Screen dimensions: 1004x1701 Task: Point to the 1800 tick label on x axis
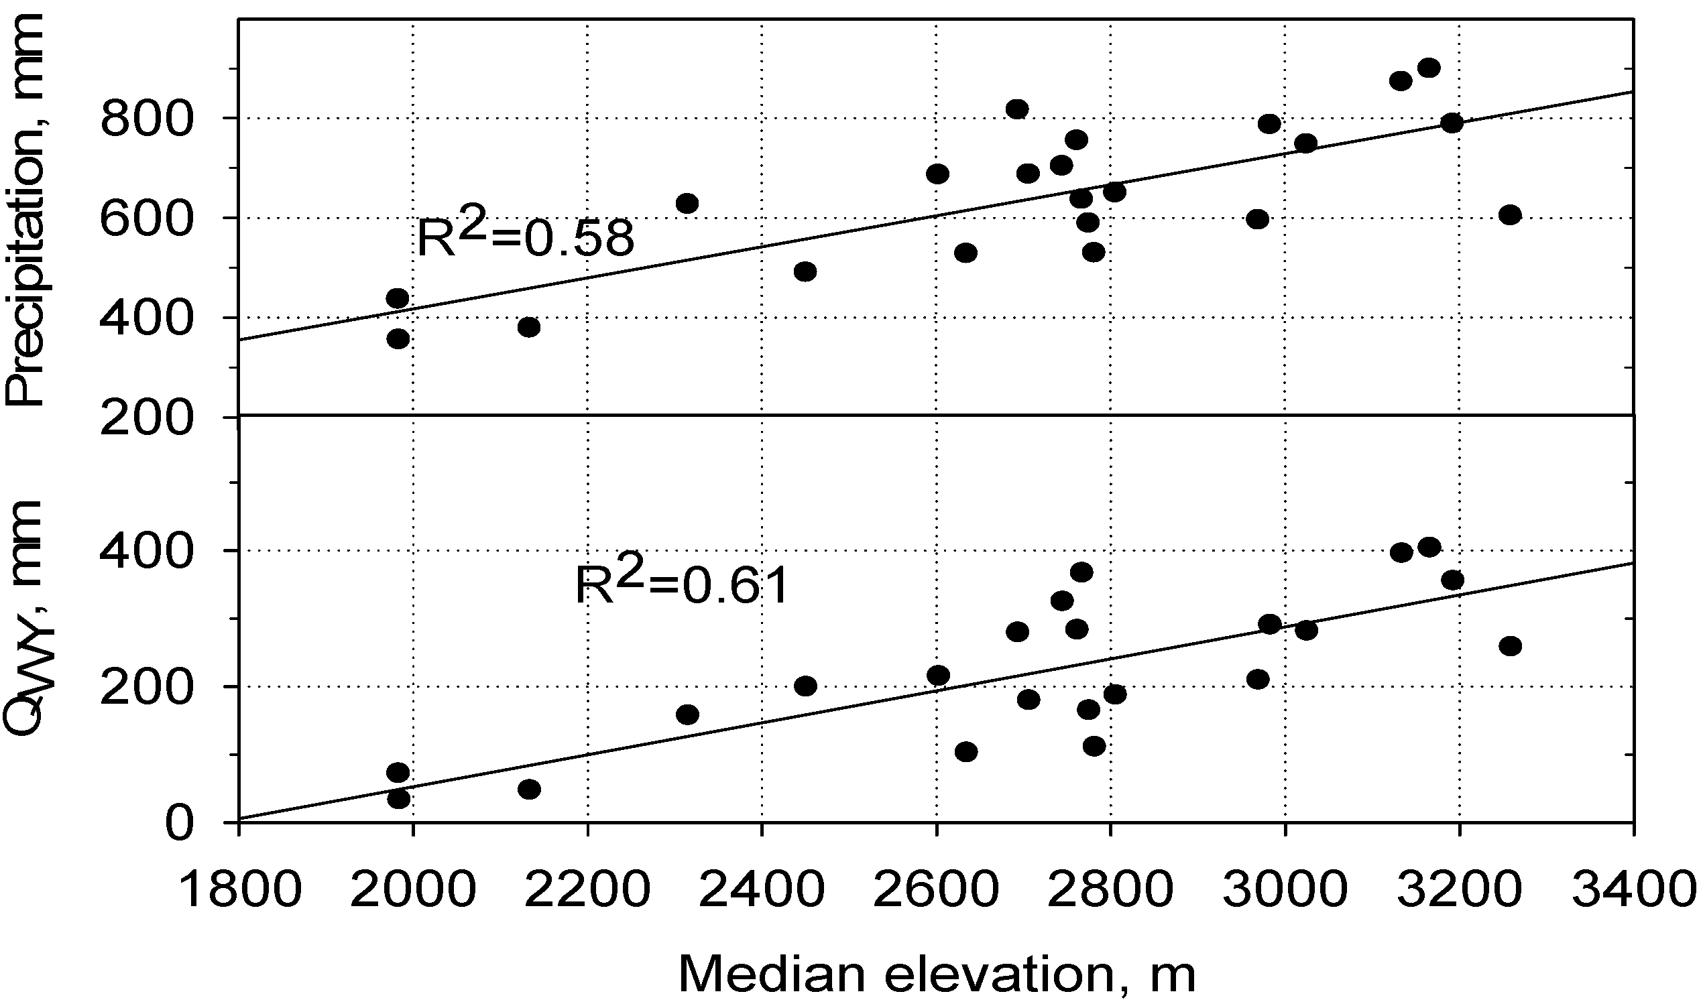coord(239,891)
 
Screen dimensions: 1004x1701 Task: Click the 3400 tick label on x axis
coord(1633,891)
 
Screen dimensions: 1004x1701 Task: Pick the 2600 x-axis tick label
coord(937,891)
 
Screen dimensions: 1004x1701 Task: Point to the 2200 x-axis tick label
coord(587,891)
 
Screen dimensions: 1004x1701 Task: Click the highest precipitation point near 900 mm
coord(1428,68)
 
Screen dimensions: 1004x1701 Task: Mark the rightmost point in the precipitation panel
coord(1509,215)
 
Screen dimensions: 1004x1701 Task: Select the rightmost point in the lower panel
coord(1509,646)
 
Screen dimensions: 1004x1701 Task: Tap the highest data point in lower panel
coord(1429,547)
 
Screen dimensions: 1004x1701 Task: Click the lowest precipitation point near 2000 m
coord(398,339)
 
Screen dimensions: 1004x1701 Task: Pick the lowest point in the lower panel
coord(398,799)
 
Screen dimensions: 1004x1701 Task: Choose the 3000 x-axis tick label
coord(1284,891)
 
